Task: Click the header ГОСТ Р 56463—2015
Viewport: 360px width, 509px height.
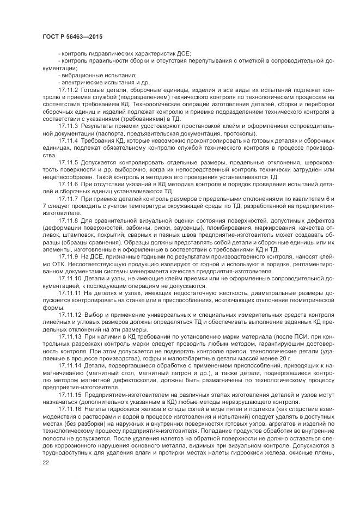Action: pyautogui.click(x=72, y=37)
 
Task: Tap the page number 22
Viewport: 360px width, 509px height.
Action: pyautogui.click(x=46, y=462)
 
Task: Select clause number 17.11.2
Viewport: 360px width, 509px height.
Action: pyautogui.click(x=68, y=89)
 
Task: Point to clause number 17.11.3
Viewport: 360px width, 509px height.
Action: pyautogui.click(x=68, y=125)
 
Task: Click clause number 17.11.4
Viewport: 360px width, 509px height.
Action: pyautogui.click(x=68, y=140)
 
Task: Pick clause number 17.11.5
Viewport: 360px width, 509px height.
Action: pyautogui.click(x=68, y=162)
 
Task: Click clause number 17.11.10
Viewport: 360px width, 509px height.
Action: pyautogui.click(x=70, y=279)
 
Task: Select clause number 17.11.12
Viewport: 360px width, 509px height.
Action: pyautogui.click(x=70, y=316)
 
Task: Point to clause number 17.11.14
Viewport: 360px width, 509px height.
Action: pyautogui.click(x=70, y=367)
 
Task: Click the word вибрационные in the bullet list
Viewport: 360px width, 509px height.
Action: pyautogui.click(x=80, y=75)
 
